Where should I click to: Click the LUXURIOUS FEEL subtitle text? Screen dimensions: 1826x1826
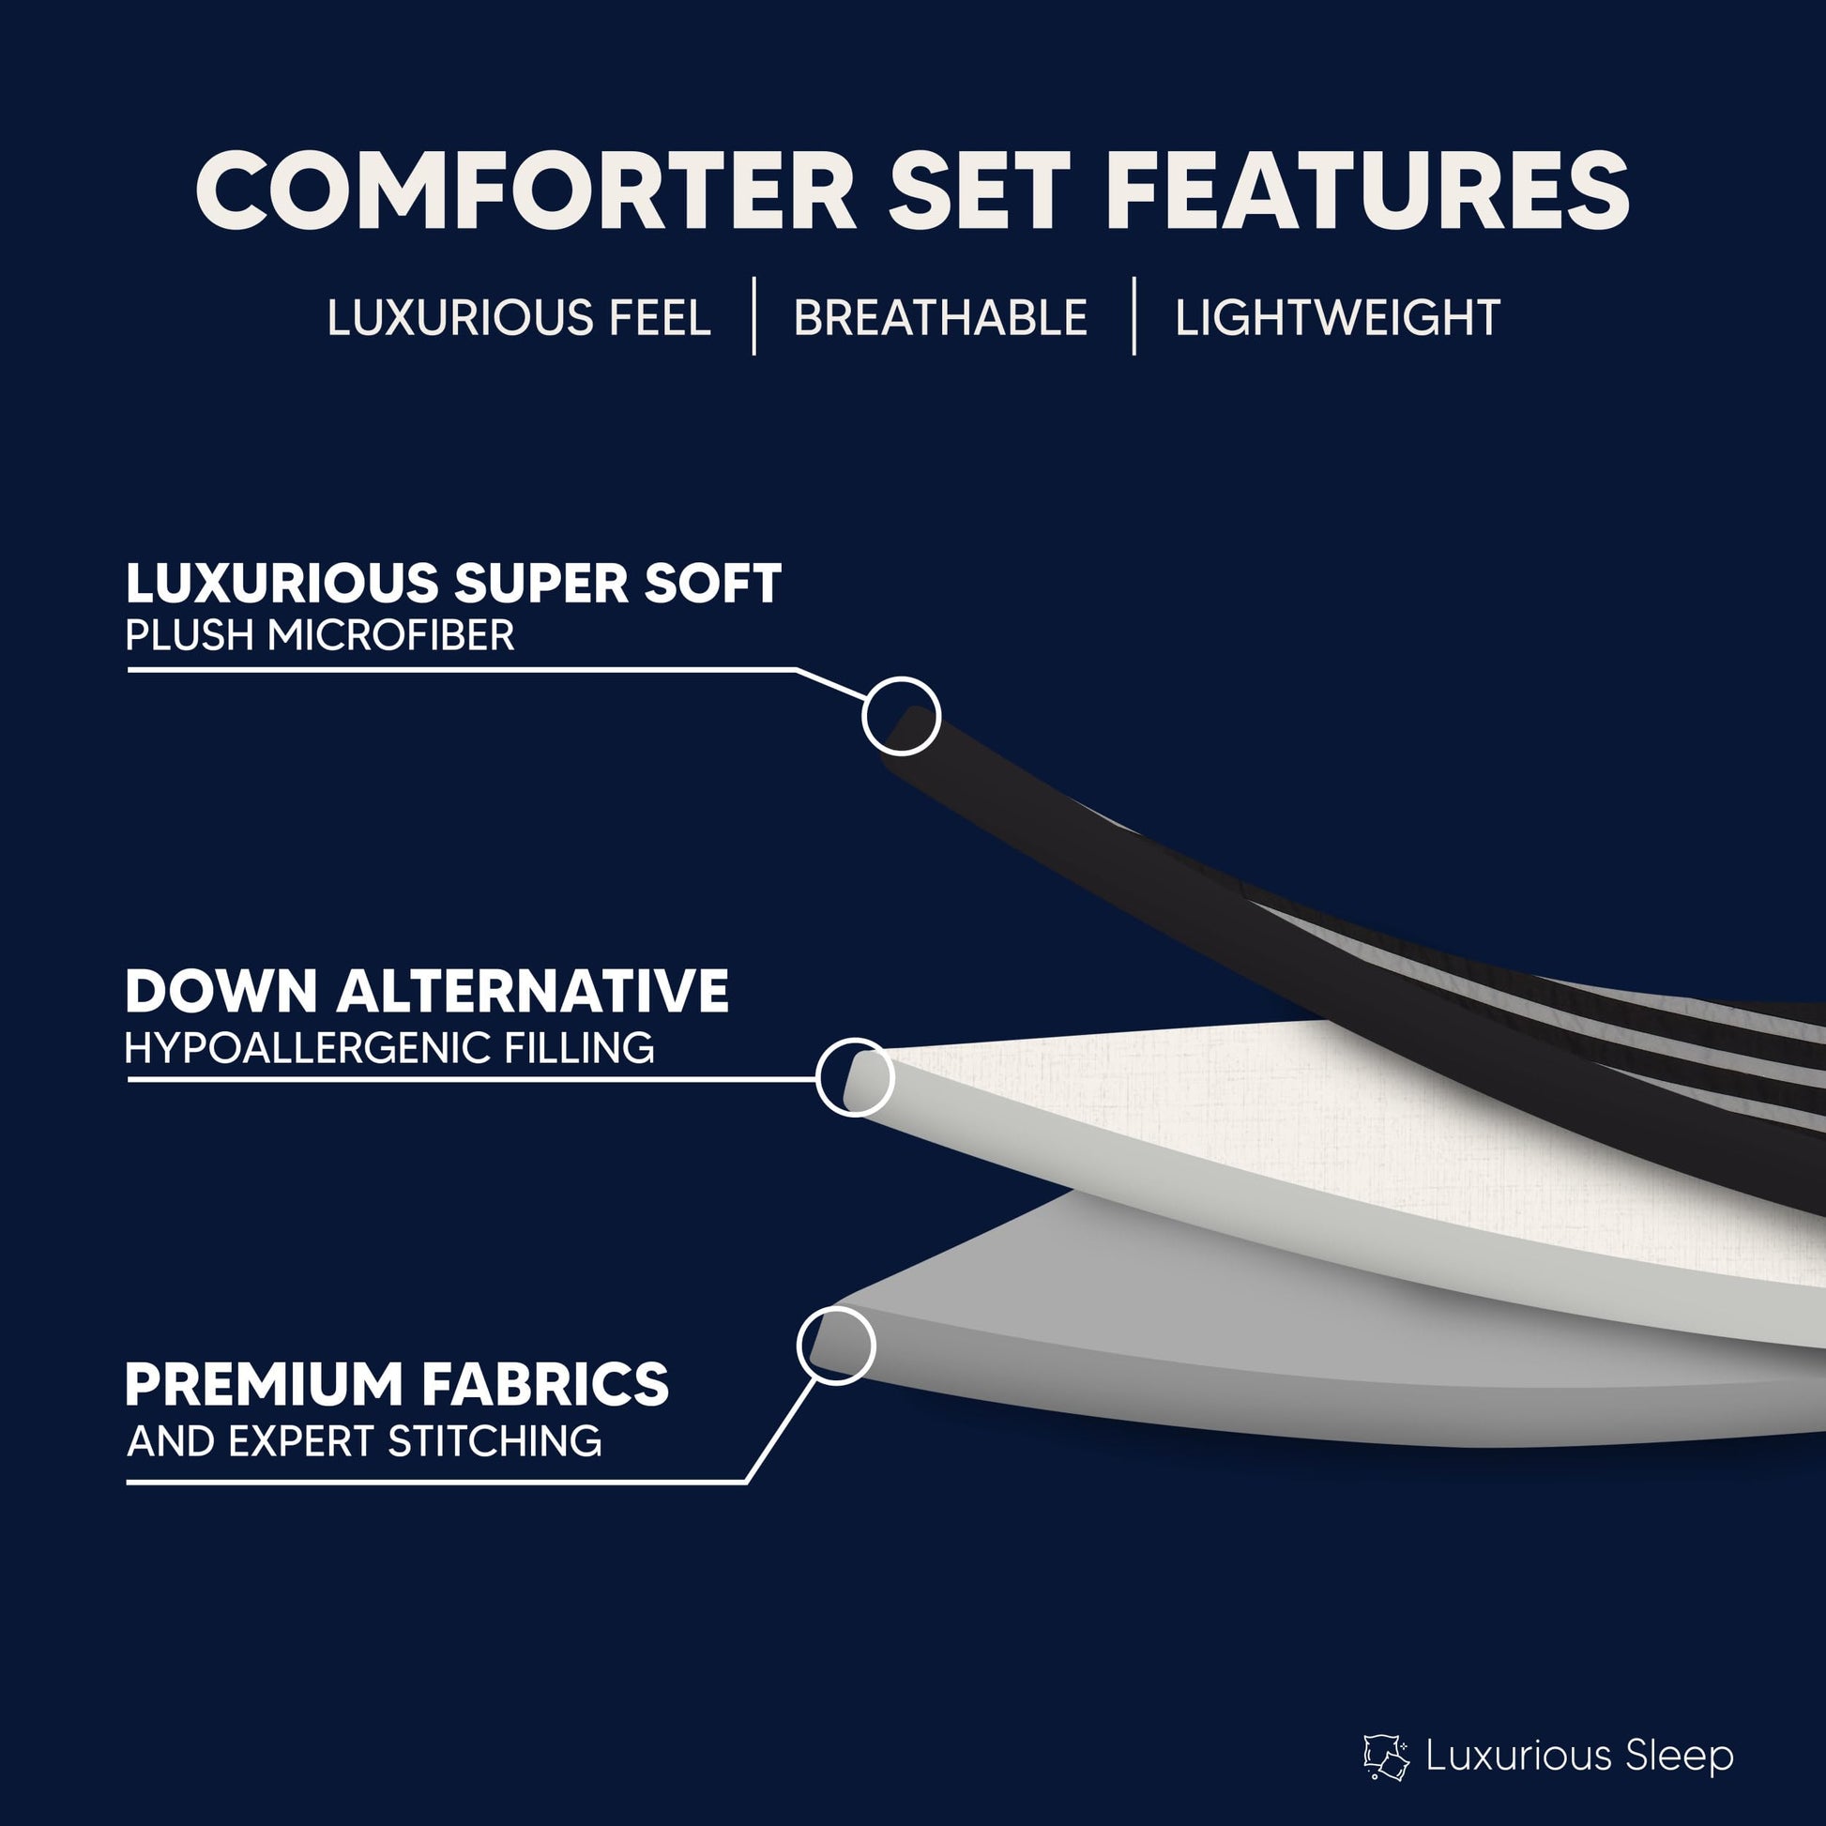(x=518, y=317)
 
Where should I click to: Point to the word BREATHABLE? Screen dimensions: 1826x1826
(x=940, y=317)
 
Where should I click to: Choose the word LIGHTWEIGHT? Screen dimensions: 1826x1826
(x=1337, y=317)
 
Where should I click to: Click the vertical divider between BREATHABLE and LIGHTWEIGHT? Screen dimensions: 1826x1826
(x=1134, y=315)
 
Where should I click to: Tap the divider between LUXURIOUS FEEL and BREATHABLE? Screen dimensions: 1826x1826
(x=753, y=315)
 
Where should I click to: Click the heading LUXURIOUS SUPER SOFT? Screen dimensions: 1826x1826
(x=453, y=583)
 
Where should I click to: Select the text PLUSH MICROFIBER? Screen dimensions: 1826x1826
(x=320, y=635)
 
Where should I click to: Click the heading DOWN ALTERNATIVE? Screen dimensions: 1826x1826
(x=427, y=992)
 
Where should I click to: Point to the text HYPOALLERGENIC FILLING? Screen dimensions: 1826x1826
(x=389, y=1047)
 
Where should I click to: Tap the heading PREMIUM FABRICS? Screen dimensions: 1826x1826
(x=397, y=1385)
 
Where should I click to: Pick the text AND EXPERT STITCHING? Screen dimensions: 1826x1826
(x=364, y=1441)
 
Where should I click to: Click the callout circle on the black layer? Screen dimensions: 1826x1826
(x=902, y=715)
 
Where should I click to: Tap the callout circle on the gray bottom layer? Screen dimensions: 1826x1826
(x=836, y=1345)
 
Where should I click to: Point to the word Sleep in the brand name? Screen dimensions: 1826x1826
(x=1681, y=1756)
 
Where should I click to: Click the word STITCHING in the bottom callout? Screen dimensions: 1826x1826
(x=495, y=1441)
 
